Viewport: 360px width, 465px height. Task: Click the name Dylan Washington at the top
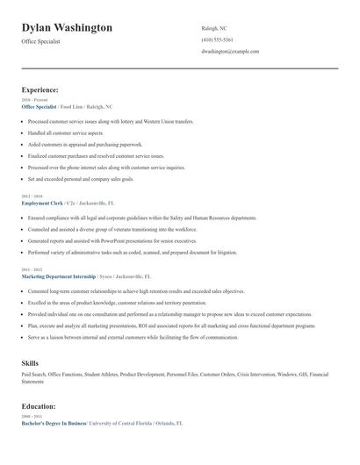[x=67, y=27]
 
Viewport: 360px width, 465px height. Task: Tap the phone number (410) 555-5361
[x=217, y=39]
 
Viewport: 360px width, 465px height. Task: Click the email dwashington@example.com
[x=230, y=52]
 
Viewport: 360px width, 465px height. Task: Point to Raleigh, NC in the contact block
[x=213, y=27]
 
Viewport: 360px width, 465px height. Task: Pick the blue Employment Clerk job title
[x=43, y=202]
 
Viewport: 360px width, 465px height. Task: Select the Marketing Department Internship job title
[x=61, y=275]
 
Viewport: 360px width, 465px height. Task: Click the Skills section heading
[x=29, y=361]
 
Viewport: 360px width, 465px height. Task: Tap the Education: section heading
[x=39, y=407]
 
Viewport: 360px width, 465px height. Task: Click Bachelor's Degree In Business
[x=54, y=423]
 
